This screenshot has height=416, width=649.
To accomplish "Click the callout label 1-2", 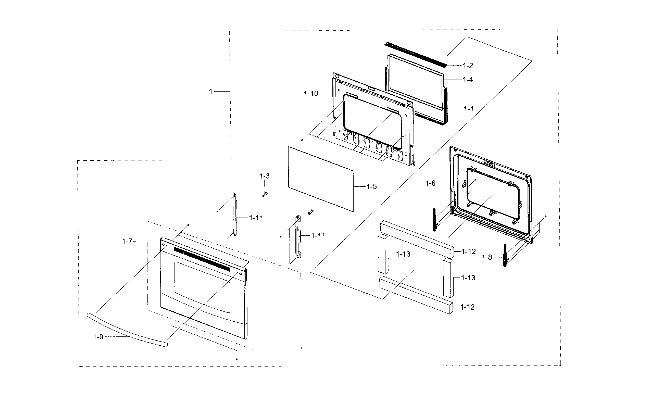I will tap(468, 66).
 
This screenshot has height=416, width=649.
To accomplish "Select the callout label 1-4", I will tap(468, 80).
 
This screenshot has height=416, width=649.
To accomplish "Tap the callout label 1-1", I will tap(469, 109).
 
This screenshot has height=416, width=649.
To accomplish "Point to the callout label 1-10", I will tap(311, 94).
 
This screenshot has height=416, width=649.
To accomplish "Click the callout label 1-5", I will tap(371, 187).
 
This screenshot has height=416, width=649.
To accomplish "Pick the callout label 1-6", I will tap(430, 183).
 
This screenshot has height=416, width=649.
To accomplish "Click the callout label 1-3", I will tap(265, 177).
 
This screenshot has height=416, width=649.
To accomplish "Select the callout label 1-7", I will tap(127, 241).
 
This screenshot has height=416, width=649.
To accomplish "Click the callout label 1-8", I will tap(487, 257).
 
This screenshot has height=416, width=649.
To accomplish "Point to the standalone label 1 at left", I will tap(211, 92).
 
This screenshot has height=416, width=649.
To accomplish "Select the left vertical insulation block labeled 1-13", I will tap(383, 254).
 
